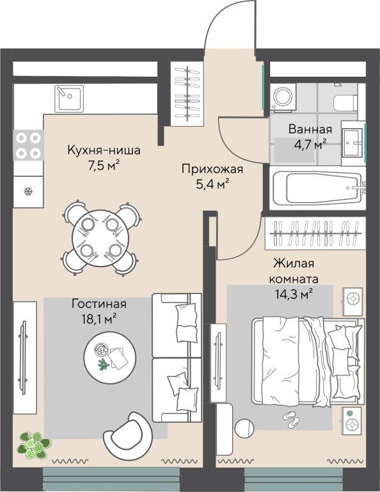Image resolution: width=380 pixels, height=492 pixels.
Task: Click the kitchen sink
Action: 69,99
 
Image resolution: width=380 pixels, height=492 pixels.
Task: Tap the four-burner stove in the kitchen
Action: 28,145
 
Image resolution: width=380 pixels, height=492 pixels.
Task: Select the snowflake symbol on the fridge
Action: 29,191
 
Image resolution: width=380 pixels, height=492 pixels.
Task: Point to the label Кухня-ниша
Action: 104,151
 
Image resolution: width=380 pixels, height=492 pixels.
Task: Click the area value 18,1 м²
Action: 99,319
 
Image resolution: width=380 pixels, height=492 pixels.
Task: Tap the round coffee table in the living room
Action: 109,357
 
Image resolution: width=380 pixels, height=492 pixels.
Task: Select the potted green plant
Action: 33,445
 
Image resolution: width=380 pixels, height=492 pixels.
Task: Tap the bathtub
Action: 318,188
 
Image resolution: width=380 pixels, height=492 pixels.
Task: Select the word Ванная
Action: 310,129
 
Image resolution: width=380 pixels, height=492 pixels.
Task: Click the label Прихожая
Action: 212,169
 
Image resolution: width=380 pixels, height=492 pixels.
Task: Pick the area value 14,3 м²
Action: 294,295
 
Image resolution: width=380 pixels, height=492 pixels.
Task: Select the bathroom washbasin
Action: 353,143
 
